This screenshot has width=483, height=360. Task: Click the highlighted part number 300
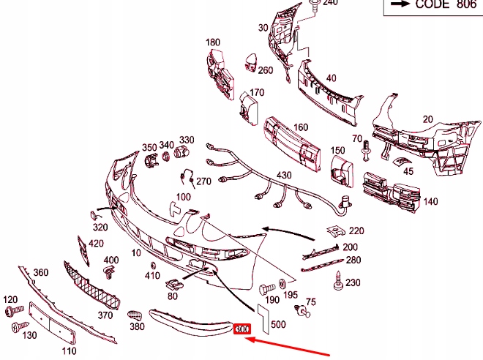[x=242, y=329]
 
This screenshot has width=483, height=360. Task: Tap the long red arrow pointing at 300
[x=287, y=346]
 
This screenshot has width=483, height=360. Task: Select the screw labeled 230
[x=338, y=281]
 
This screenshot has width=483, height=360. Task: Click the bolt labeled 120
[x=15, y=310]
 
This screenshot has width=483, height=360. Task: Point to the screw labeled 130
[x=20, y=326]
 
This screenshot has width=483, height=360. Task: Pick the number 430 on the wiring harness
[x=284, y=175]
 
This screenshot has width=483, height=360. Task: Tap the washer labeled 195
[x=282, y=284]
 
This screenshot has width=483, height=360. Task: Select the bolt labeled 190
[x=267, y=289]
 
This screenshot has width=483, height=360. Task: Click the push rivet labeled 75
[x=302, y=310]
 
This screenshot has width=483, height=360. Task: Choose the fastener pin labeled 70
[x=366, y=150]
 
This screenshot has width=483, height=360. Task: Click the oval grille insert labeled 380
[x=135, y=315]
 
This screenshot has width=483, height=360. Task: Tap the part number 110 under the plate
[x=69, y=350]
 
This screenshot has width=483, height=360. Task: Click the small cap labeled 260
[x=251, y=62]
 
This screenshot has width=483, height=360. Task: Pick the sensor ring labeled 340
[x=166, y=156]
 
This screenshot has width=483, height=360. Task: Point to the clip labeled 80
[x=175, y=285]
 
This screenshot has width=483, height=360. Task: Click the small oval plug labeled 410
[x=153, y=266]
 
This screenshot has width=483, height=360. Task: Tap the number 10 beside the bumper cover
[x=136, y=253]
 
